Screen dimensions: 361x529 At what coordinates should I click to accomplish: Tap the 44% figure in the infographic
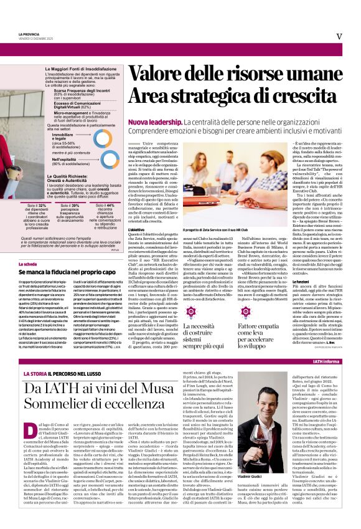click(106, 204)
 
